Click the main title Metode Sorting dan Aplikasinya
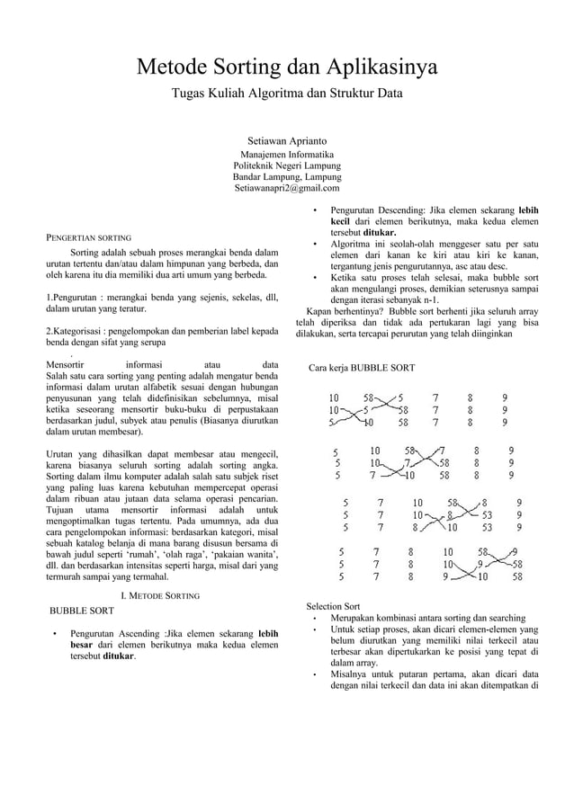[286, 67]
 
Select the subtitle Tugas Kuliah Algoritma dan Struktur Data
[287, 93]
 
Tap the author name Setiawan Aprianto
[287, 141]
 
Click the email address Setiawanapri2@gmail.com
[287, 188]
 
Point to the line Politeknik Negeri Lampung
[287, 165]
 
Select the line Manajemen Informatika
[287, 154]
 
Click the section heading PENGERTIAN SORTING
[89, 238]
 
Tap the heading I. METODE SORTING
[160, 595]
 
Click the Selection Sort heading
[333, 606]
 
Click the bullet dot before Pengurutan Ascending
[56, 635]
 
